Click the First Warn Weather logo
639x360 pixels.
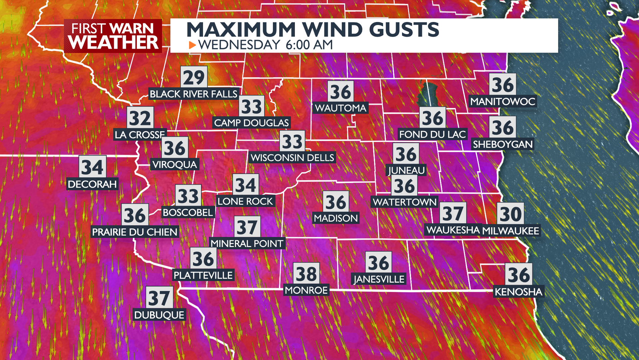click(113, 36)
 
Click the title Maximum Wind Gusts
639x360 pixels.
click(313, 29)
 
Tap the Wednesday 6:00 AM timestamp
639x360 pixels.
click(265, 45)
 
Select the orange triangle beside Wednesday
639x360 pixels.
click(192, 45)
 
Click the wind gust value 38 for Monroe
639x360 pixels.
click(306, 274)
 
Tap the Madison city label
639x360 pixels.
click(336, 218)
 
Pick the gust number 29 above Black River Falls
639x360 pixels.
click(194, 77)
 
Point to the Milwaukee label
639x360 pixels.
click(511, 231)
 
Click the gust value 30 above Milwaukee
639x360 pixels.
click(511, 214)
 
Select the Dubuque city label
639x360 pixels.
click(159, 315)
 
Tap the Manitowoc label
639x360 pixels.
click(503, 102)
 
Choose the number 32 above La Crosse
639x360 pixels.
click(140, 118)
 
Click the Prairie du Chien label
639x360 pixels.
click(134, 232)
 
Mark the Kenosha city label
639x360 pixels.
click(519, 292)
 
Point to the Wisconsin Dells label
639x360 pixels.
click(292, 158)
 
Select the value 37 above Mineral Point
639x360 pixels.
click(247, 227)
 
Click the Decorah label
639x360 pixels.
click(92, 184)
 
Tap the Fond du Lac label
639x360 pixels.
click(432, 134)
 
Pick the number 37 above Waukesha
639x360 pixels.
click(453, 213)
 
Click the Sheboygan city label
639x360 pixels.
click(503, 144)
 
